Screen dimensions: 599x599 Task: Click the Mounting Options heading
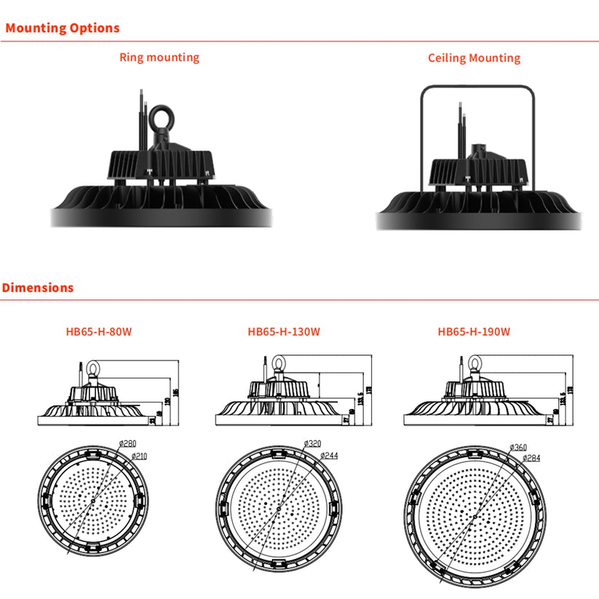(62, 28)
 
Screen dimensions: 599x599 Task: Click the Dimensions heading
(38, 287)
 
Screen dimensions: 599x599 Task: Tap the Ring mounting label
(159, 57)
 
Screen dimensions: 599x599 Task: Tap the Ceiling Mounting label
(474, 57)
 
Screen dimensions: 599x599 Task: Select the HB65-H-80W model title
(98, 331)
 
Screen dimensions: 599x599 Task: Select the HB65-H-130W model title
(284, 331)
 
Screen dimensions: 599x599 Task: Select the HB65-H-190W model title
(474, 331)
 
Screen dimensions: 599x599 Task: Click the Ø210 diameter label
(140, 456)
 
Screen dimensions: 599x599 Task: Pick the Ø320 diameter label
(313, 443)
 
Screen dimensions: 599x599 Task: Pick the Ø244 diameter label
(329, 456)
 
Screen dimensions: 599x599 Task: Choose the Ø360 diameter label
(518, 446)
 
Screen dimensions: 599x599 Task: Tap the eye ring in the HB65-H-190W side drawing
(475, 362)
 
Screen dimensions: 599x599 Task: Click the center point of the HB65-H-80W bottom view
(93, 502)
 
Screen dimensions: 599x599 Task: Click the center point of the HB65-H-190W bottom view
(475, 516)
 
